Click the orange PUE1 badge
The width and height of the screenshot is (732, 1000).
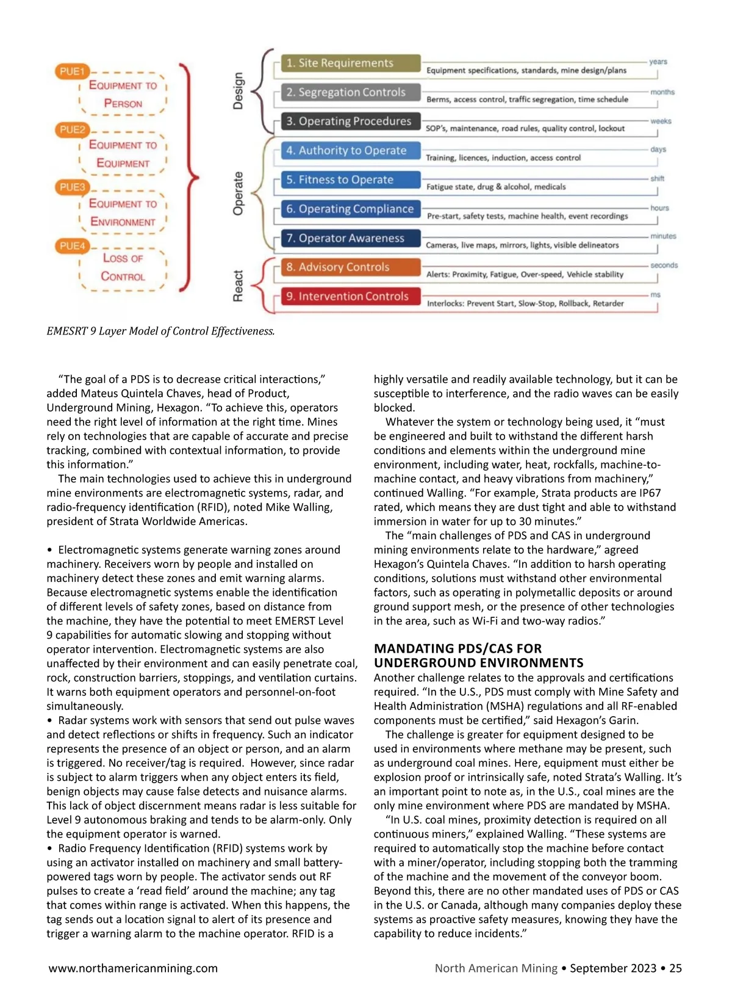point(72,71)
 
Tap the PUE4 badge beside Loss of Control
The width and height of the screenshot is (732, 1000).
point(72,246)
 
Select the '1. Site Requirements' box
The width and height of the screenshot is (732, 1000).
point(350,63)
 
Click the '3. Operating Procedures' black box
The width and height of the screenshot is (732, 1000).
point(350,121)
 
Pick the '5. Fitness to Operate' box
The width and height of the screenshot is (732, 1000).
point(350,179)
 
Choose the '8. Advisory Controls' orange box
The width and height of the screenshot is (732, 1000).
point(350,267)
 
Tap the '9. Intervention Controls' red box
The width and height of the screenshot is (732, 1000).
point(350,296)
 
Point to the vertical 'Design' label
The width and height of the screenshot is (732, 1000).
point(238,91)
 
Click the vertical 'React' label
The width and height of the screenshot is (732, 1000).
point(238,286)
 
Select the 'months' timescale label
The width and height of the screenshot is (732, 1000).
point(662,92)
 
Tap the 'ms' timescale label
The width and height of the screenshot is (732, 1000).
point(655,295)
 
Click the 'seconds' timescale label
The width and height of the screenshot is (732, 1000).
point(664,266)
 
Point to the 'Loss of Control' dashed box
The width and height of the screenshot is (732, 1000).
point(123,267)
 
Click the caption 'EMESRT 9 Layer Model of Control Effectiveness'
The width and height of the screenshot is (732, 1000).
point(160,331)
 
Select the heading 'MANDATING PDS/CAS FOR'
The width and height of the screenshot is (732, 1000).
point(457,648)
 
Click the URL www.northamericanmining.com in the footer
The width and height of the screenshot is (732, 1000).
point(133,968)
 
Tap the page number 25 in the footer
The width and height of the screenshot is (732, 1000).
point(675,968)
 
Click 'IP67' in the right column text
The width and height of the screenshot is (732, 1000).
point(647,493)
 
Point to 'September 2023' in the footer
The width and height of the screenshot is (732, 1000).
point(612,968)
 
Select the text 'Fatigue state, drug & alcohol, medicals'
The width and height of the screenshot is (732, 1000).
point(495,187)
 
